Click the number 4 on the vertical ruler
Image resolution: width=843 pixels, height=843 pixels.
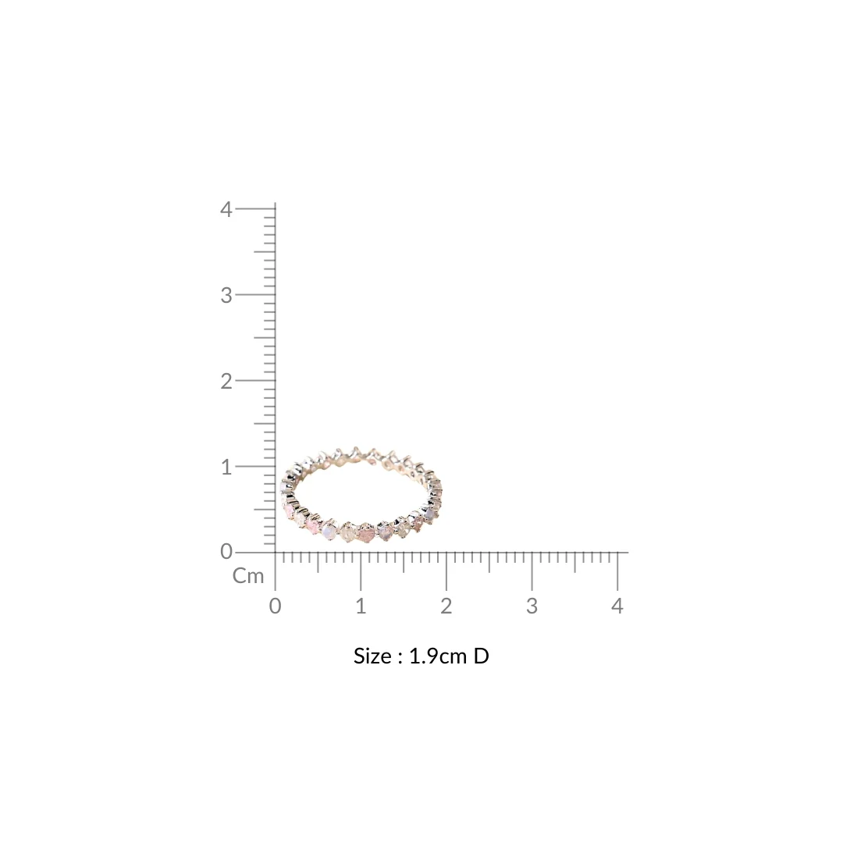click(226, 209)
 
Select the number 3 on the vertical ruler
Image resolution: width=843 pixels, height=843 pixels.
click(226, 295)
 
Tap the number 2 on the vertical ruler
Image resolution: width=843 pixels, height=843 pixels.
click(226, 381)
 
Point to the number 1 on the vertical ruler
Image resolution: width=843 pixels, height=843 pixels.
click(226, 468)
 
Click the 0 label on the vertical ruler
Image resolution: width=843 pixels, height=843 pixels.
click(226, 552)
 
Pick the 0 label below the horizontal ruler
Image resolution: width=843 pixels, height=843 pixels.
click(276, 606)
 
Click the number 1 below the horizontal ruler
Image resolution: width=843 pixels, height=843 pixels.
click(361, 606)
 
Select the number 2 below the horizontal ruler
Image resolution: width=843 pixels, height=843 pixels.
click(446, 606)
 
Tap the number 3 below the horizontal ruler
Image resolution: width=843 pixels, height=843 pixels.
click(532, 606)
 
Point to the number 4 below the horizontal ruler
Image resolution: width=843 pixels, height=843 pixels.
click(617, 606)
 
